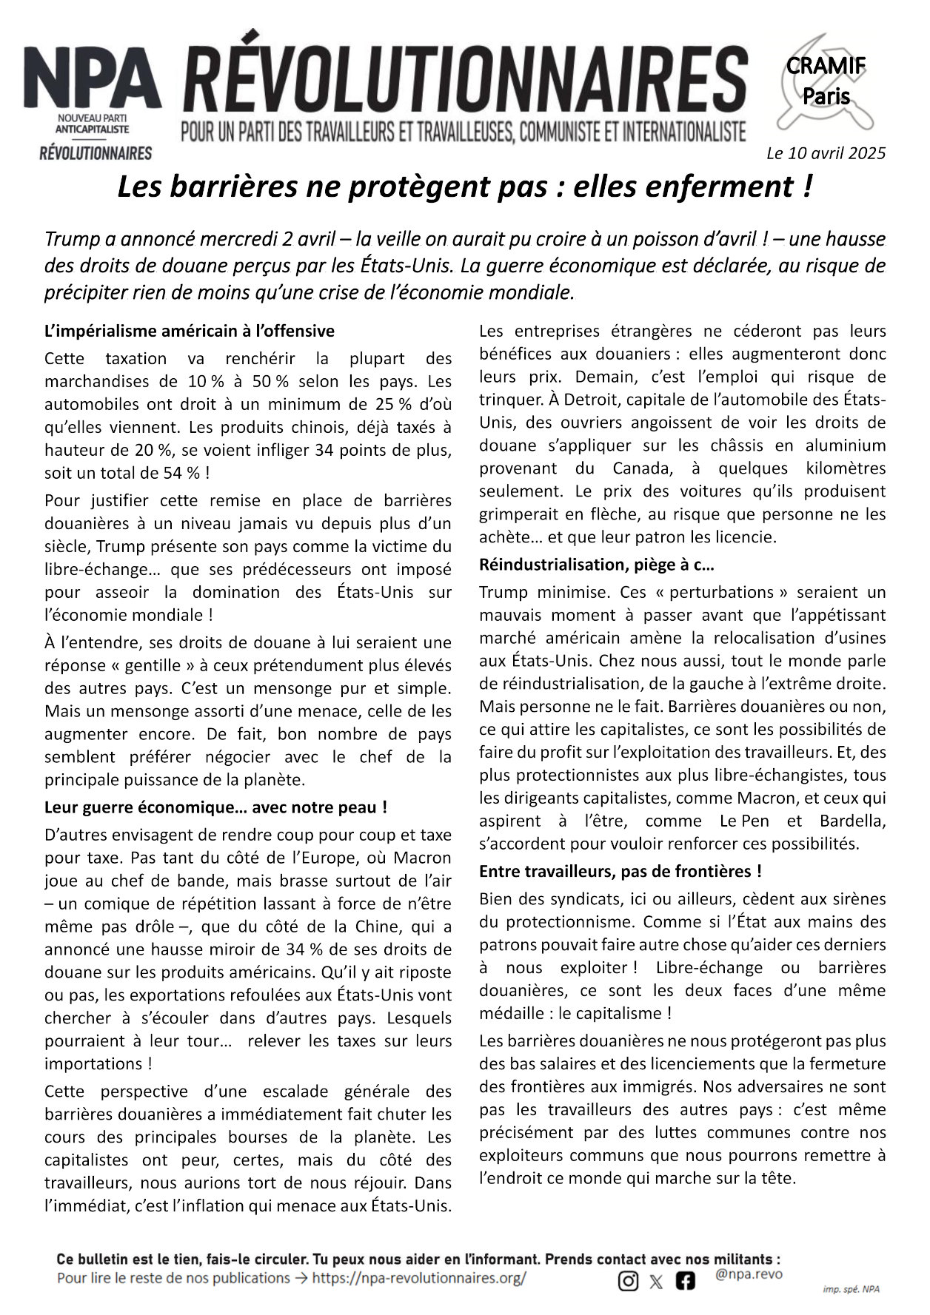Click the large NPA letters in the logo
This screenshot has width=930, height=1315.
pos(93,80)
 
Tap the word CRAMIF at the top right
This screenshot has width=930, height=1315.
pos(826,66)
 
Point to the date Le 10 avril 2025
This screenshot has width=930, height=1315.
pos(826,153)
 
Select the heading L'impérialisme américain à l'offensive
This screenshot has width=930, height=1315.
pos(190,331)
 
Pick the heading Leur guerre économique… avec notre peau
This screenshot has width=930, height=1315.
pos(215,807)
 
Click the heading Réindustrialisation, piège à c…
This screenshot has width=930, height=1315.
pos(596,565)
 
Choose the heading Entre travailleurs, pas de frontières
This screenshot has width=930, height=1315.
pos(620,871)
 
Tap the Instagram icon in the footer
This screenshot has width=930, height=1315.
pos(628,1281)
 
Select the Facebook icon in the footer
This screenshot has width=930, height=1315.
pos(685,1281)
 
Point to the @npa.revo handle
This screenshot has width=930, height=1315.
pos(749,1274)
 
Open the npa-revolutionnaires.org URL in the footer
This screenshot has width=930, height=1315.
pos(419,1278)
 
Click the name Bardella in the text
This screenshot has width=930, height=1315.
pos(852,821)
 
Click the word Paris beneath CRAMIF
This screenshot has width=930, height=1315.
pos(826,97)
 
